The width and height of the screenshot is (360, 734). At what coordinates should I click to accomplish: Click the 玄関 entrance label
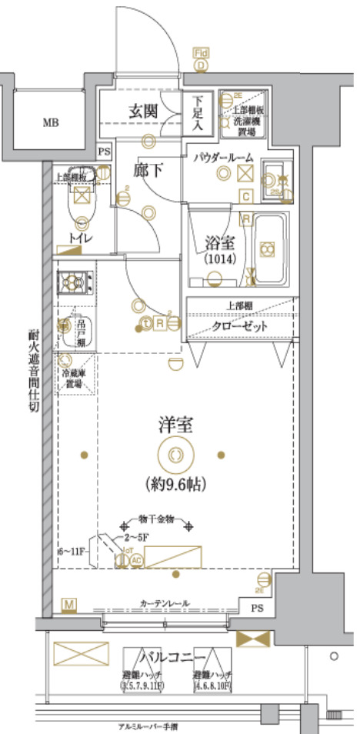pos(143,112)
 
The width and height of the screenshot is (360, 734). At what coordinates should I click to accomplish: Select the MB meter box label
pos(50,122)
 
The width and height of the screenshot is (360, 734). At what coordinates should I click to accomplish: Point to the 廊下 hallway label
pos(148,169)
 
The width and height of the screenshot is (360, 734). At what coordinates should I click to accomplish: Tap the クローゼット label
pos(241,325)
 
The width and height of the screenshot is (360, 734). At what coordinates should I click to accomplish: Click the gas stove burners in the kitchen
pos(75,283)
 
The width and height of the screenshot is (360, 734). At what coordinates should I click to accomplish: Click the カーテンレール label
pos(165,602)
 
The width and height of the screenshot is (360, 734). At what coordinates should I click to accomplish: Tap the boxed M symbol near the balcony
pos(70,606)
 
